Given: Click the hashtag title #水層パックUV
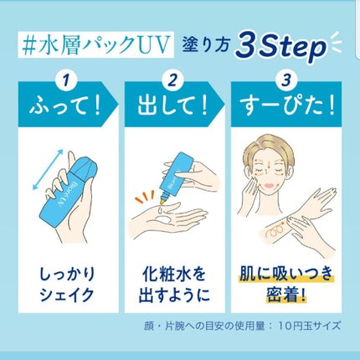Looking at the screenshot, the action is point(95,45).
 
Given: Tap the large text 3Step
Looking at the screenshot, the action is point(280,48).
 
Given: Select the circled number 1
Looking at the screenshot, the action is point(66,80).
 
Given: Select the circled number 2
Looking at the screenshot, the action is point(172,80).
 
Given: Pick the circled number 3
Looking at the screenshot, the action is point(286,80).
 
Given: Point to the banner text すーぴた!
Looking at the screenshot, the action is point(287,106).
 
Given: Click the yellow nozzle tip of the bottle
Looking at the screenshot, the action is point(162,200).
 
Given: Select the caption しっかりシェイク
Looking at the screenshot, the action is point(68,285).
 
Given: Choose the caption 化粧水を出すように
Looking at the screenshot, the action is point(174,285).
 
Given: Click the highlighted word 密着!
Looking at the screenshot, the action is point(286,295).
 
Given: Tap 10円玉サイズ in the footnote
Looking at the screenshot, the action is point(310,326).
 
